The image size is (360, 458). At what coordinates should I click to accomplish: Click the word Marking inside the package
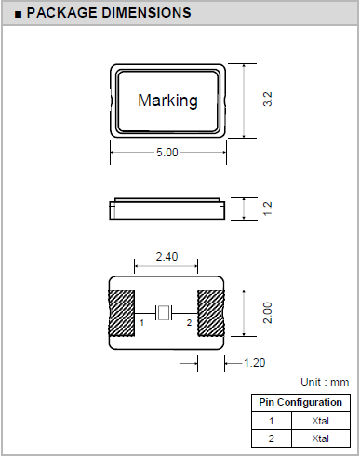[167, 101]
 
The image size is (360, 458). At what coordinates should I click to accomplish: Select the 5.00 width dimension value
[167, 153]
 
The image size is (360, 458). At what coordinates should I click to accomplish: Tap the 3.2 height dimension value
[267, 100]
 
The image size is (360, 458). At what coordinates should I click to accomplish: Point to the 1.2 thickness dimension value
[267, 209]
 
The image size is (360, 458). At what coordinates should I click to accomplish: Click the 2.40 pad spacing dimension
[167, 257]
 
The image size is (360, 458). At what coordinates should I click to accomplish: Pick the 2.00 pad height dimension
[267, 313]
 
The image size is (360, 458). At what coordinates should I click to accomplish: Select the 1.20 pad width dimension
[254, 363]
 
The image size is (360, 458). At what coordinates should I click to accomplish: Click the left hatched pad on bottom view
[121, 313]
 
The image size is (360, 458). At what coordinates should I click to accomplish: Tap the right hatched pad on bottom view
[211, 313]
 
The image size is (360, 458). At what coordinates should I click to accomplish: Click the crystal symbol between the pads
[164, 313]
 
